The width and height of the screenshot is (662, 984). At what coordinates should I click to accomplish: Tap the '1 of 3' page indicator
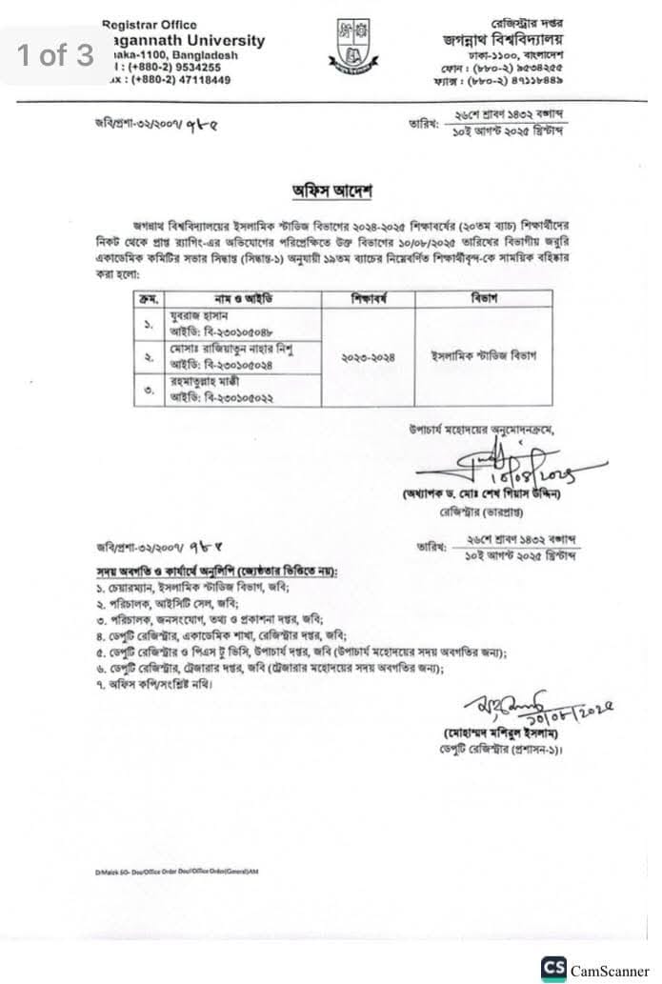click(x=55, y=55)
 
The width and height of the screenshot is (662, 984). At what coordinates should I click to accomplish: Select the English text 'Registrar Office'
click(x=150, y=25)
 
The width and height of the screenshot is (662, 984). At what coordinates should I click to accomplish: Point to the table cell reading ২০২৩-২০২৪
click(x=368, y=356)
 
